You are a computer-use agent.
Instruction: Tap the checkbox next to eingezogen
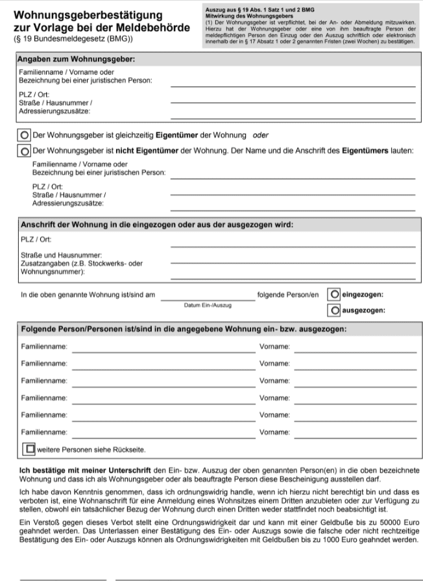click(x=334, y=293)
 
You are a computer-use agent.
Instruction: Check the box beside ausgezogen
click(x=334, y=310)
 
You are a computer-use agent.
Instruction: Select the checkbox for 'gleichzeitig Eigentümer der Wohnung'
click(x=25, y=136)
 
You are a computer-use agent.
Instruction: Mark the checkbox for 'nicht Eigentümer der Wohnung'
click(x=25, y=151)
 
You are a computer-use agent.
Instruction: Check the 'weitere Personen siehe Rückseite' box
click(x=29, y=448)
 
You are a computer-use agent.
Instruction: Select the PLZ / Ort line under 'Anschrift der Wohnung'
click(x=293, y=247)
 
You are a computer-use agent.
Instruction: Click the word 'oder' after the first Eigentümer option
click(x=260, y=136)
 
